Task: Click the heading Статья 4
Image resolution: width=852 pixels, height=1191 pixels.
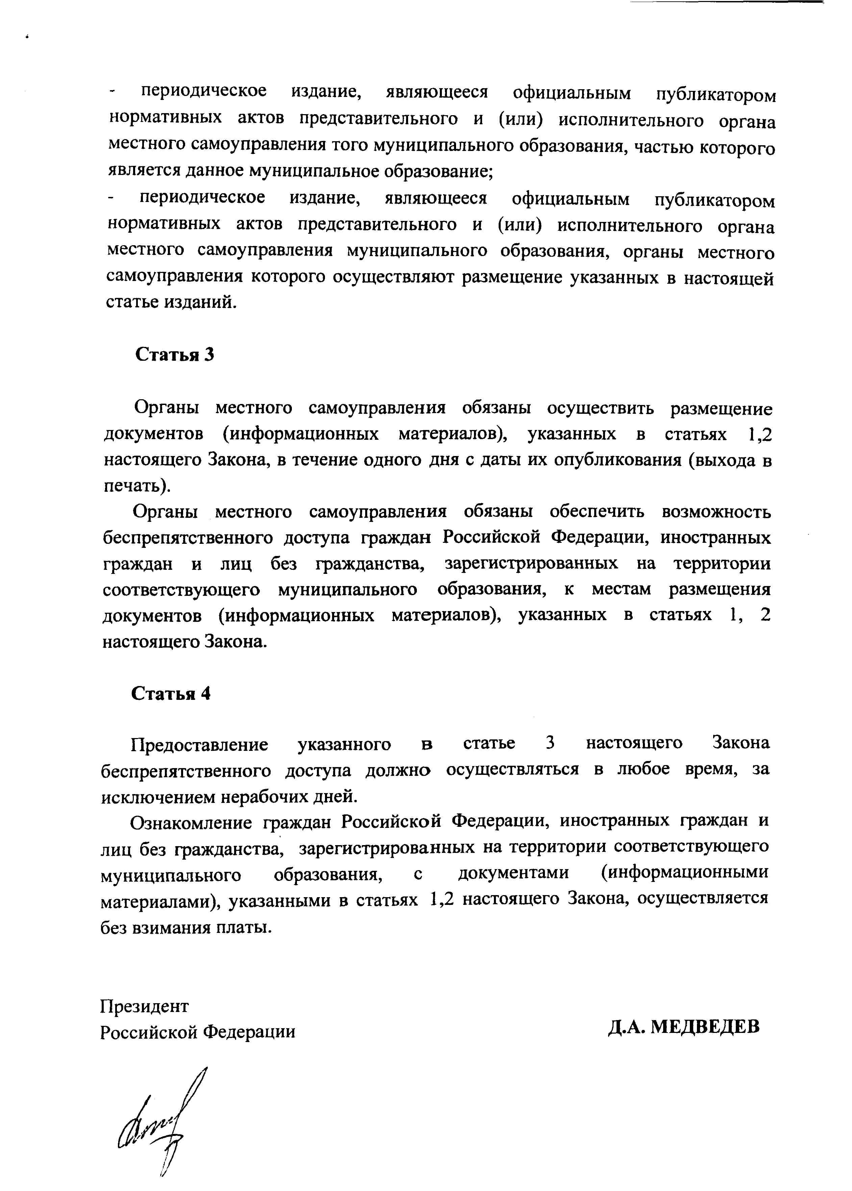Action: tap(171, 694)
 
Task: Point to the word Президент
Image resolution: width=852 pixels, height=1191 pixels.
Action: tap(144, 1006)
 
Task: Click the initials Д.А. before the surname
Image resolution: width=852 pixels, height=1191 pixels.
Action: tap(626, 1026)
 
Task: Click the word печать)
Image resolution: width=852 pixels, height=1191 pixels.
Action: tap(137, 486)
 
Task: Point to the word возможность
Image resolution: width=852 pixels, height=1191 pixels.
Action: tap(716, 512)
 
